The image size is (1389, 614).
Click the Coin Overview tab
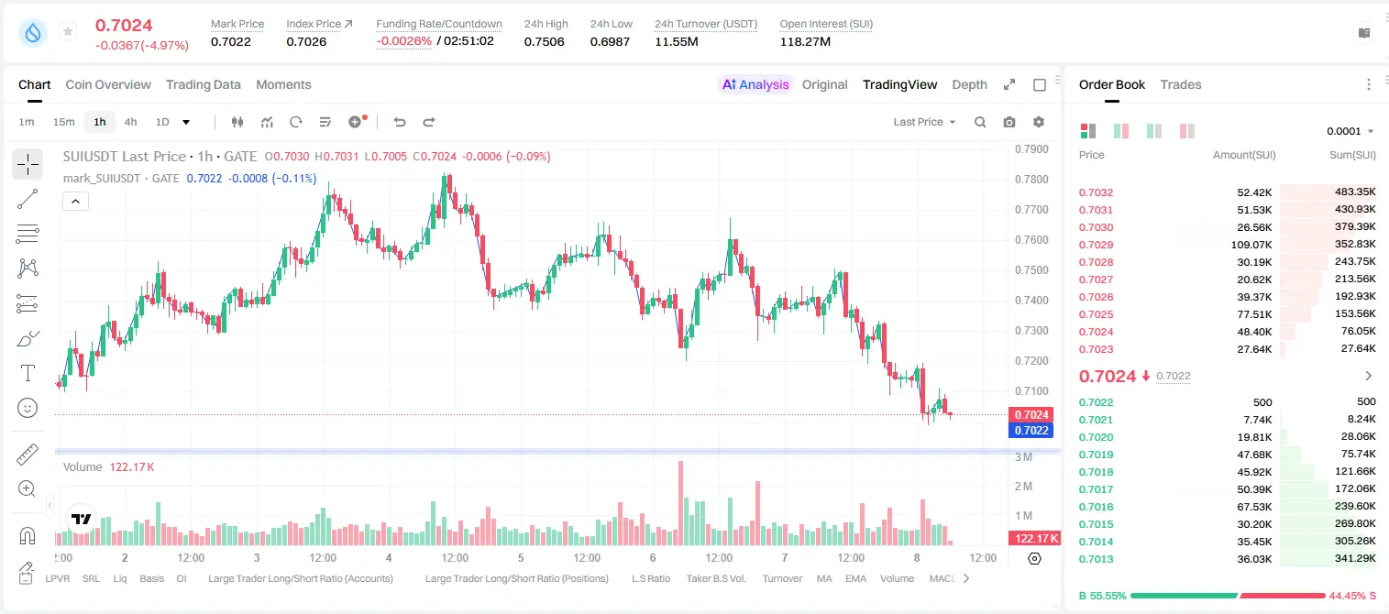[x=108, y=84]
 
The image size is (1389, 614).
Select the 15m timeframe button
[x=64, y=122]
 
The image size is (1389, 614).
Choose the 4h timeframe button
[x=130, y=122]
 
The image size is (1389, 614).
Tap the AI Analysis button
[x=755, y=84]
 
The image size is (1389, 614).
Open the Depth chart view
[x=969, y=84]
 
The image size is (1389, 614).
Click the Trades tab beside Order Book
[x=1181, y=84]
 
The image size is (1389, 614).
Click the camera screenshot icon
[x=1009, y=122]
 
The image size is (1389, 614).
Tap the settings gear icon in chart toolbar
[x=1039, y=122]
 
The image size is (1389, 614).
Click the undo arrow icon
[x=400, y=122]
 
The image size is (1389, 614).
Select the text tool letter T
[x=28, y=373]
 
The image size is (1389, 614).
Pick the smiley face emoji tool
[x=28, y=408]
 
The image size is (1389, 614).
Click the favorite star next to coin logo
[x=68, y=31]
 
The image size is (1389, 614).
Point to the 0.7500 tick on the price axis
[x=1031, y=270]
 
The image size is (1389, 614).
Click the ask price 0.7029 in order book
[x=1096, y=245]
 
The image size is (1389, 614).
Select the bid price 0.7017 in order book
[x=1096, y=489]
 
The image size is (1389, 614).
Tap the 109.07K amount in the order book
[x=1251, y=245]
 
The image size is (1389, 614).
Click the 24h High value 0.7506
[x=544, y=41]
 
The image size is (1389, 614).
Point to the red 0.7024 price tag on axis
[x=1031, y=414]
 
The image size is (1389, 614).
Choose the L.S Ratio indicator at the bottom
[x=650, y=578]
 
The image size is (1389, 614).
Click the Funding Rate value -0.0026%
[x=403, y=41]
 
